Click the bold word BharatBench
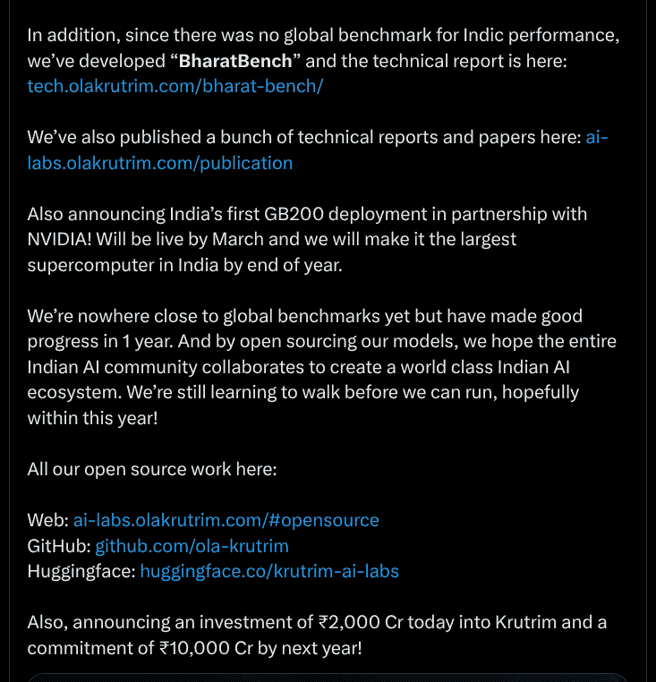[235, 62]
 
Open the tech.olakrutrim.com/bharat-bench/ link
[175, 86]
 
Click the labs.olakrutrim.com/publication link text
[160, 163]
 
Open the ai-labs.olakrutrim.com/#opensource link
[226, 520]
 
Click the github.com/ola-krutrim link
[192, 546]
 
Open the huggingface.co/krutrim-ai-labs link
[269, 571]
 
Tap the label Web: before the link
[47, 520]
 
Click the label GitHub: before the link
[58, 546]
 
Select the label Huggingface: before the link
[81, 571]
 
